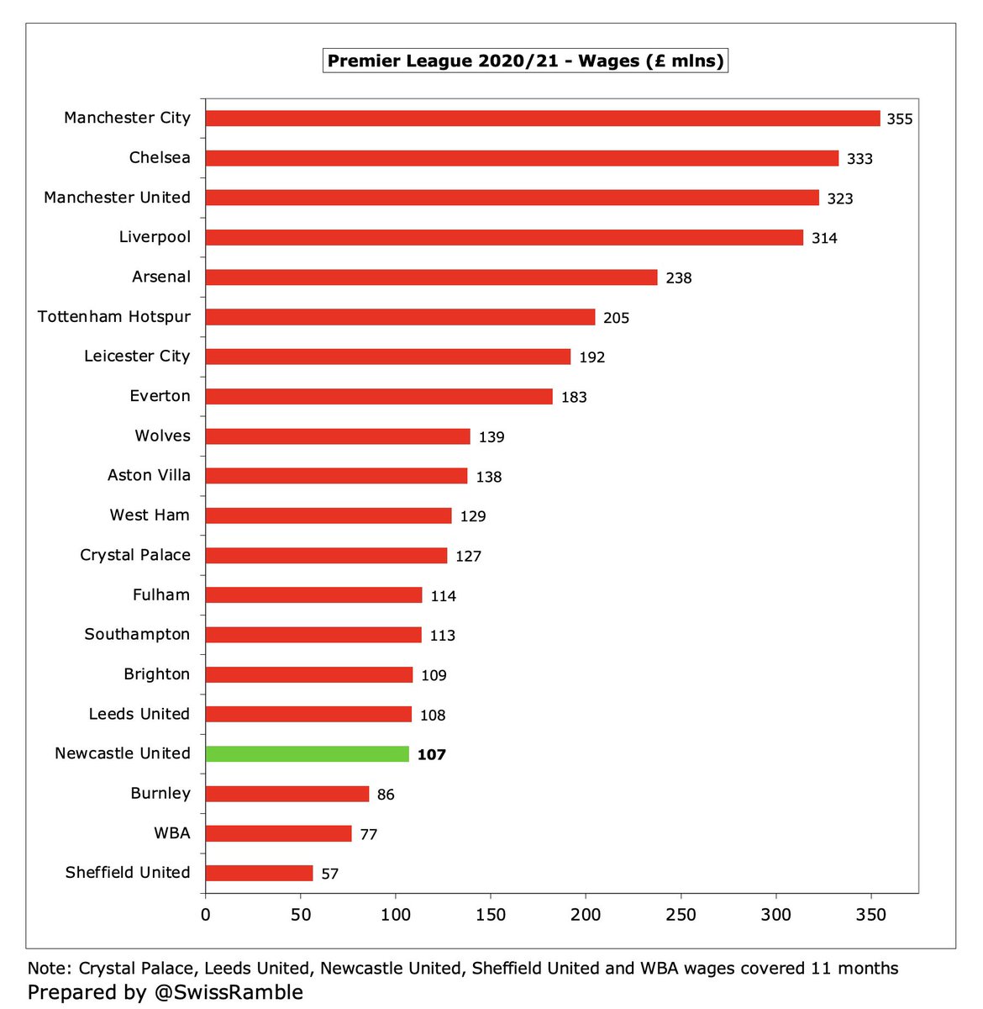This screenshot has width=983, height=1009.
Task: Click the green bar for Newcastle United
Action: (308, 754)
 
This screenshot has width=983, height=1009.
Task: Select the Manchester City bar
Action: (543, 119)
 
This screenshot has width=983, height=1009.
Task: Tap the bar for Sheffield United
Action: (259, 874)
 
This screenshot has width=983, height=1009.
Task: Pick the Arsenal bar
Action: (431, 277)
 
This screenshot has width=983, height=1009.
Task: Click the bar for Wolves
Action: (338, 436)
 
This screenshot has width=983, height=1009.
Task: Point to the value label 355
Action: (899, 119)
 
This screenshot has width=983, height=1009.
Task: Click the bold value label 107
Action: (431, 755)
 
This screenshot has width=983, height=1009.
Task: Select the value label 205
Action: (616, 318)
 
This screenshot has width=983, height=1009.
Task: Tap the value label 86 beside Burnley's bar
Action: (386, 795)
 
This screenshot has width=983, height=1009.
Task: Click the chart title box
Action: (525, 61)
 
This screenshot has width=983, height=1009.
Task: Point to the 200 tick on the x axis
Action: (586, 915)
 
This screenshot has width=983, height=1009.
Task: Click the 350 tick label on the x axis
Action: (870, 915)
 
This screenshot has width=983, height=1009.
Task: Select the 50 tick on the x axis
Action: (301, 915)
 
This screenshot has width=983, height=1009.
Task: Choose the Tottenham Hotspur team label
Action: (114, 317)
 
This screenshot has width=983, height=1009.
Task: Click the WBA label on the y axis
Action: (172, 833)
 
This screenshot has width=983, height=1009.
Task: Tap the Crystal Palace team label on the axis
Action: (135, 555)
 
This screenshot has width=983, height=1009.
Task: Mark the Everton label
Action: (160, 396)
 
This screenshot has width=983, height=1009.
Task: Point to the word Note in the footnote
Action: (47, 969)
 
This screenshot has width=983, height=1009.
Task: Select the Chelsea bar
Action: (522, 158)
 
